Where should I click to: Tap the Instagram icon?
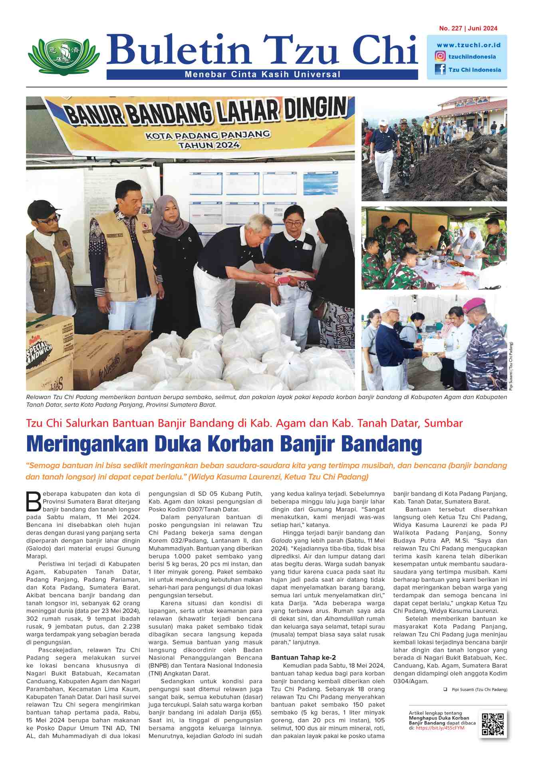(440, 56)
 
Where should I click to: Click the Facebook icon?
(440, 70)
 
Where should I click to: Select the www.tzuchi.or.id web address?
(468, 45)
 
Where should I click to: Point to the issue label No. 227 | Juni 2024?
(468, 28)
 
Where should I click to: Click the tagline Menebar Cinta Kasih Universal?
(262, 74)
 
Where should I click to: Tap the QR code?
(493, 723)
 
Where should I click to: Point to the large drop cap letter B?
(34, 501)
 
